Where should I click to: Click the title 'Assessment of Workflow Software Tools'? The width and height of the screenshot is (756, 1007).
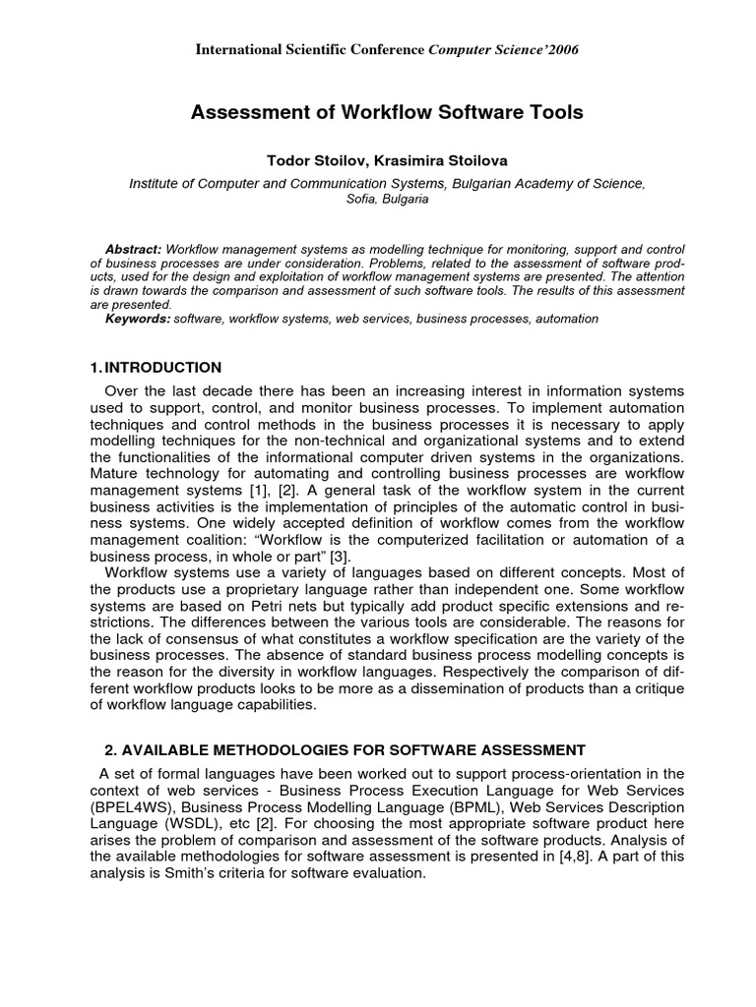pyautogui.click(x=386, y=113)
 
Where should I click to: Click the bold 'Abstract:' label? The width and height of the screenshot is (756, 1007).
pyautogui.click(x=135, y=250)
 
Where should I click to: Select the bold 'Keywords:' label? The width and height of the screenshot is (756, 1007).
pyautogui.click(x=138, y=319)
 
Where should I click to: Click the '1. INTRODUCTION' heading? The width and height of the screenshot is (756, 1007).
pyautogui.click(x=156, y=368)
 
